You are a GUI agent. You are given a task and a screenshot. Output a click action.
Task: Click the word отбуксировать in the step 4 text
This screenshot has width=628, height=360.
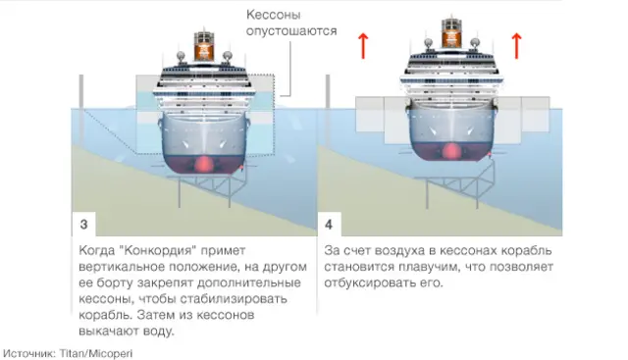370,283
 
